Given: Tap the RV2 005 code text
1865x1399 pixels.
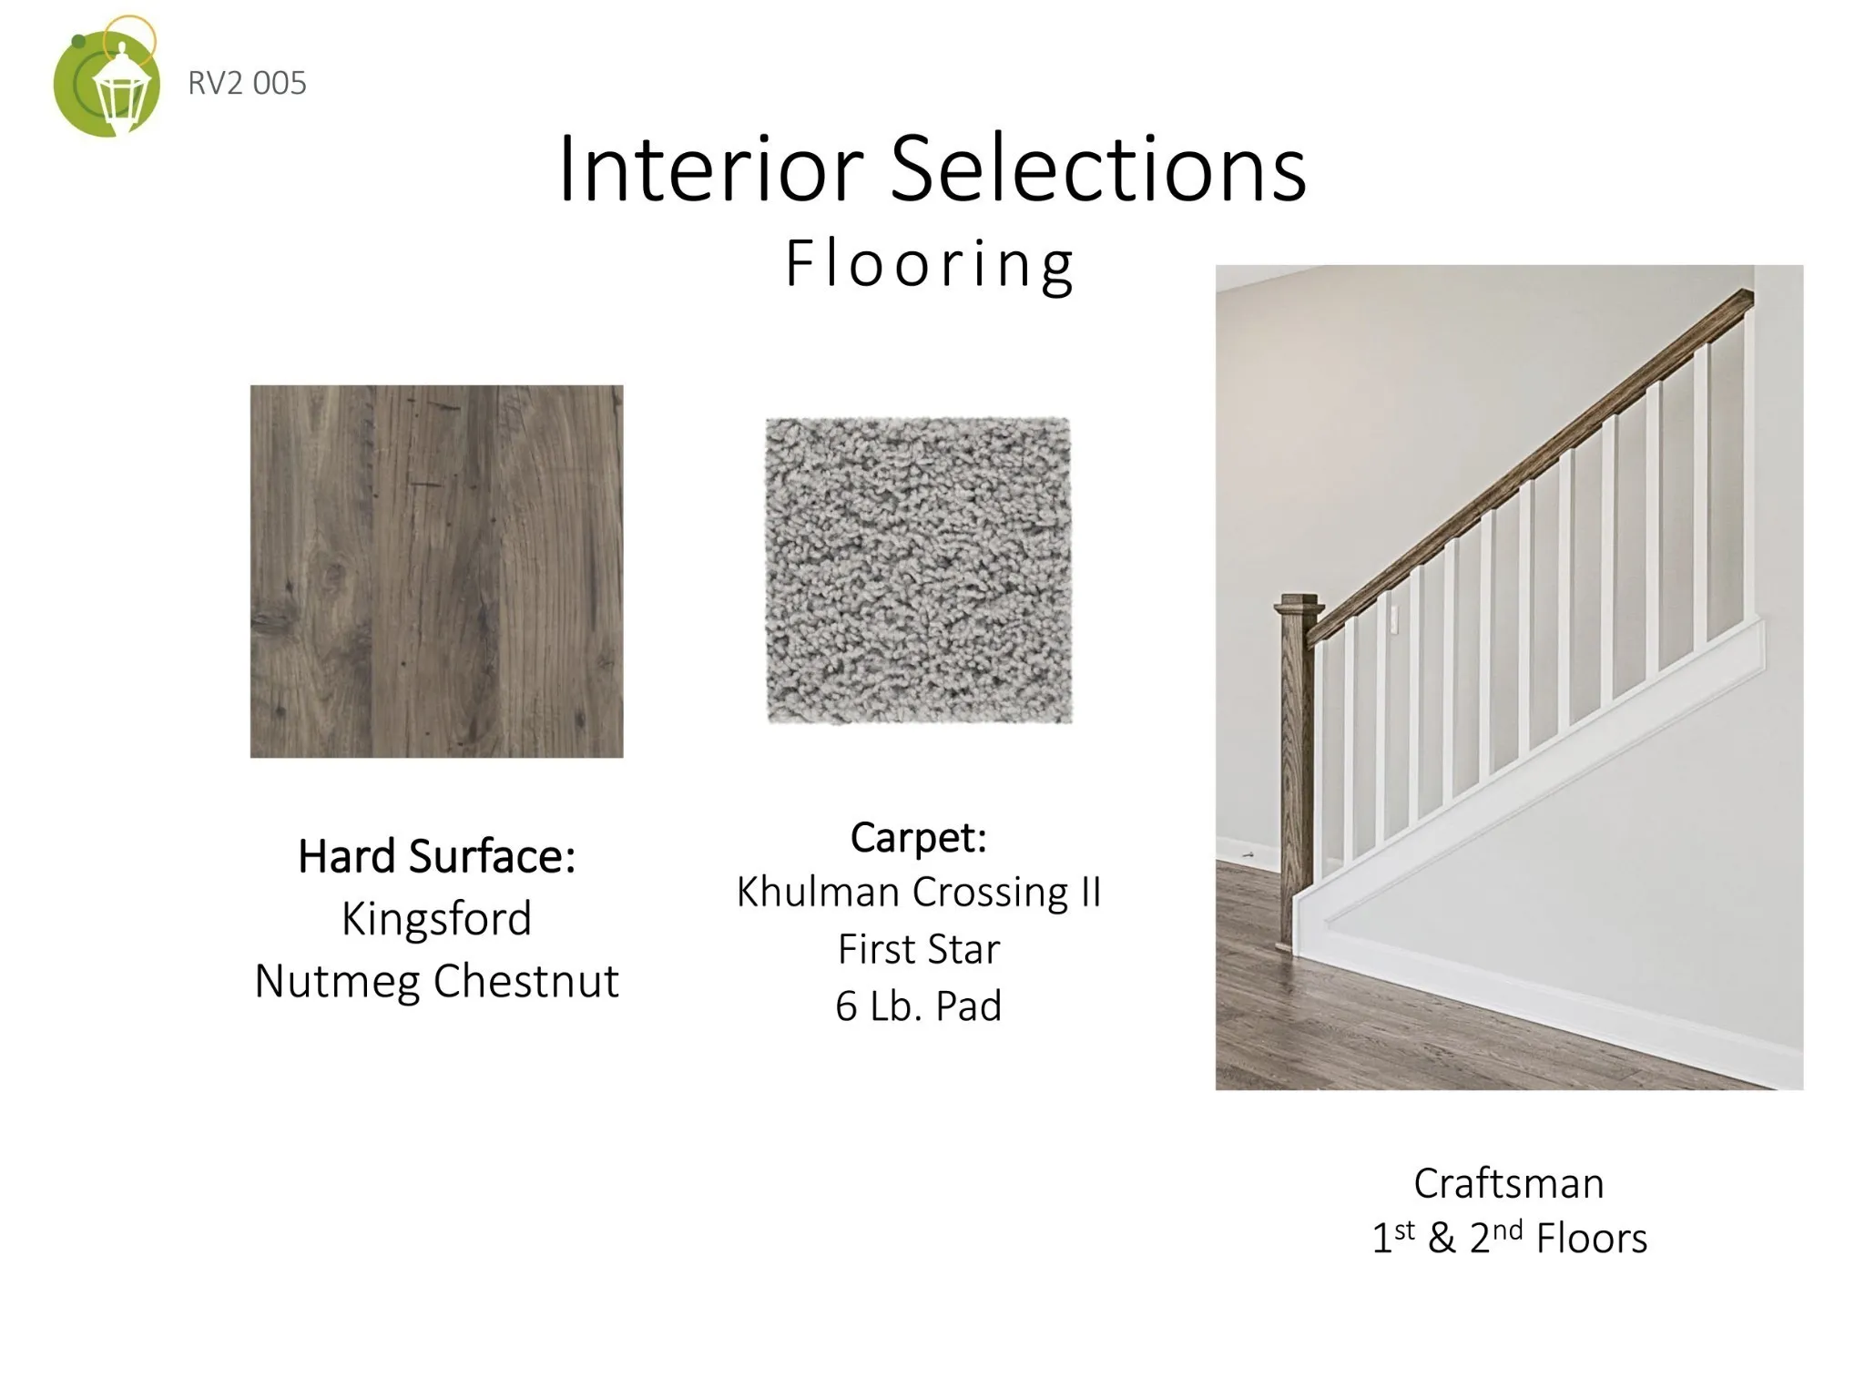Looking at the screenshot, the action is point(247,83).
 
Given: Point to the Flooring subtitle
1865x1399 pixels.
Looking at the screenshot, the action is point(930,264).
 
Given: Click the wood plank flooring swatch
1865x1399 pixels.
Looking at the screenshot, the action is point(437,571).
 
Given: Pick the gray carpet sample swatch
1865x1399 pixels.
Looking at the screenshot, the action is point(919,571).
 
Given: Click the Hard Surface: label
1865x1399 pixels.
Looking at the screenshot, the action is point(437,856).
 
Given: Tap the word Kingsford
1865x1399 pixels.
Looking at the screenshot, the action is point(437,918).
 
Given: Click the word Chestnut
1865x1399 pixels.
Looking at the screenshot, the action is point(526,980).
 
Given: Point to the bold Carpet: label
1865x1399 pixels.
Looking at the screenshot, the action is point(919,838).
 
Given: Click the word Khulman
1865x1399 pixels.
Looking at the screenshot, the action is point(819,892).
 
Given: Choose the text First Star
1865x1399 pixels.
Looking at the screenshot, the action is point(919,949).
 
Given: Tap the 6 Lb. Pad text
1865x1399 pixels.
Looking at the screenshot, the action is point(919,1006).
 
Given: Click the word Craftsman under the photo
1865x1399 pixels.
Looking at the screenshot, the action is point(1509,1183).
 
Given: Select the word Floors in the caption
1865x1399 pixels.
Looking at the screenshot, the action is point(1592,1239).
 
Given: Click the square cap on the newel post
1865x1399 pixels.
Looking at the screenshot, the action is point(1299,607).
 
